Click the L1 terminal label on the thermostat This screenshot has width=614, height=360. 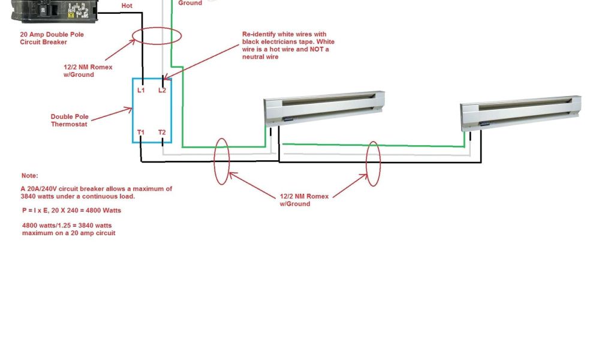(x=142, y=91)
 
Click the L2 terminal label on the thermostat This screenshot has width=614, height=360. (x=162, y=91)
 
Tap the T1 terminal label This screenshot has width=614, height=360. (x=141, y=132)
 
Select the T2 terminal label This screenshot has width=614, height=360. (x=162, y=132)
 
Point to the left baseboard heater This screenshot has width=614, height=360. (x=324, y=107)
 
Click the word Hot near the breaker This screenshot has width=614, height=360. (x=127, y=5)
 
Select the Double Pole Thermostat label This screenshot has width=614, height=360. (x=69, y=121)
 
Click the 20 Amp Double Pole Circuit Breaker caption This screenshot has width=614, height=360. (x=52, y=38)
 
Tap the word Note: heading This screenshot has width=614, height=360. (x=29, y=176)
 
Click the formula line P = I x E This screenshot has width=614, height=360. (x=72, y=211)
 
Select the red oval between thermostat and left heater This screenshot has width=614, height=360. (x=221, y=161)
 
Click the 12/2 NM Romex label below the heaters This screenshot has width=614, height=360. (x=304, y=200)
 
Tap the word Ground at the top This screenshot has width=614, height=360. (x=190, y=3)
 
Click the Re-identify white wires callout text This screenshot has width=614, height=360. (x=288, y=46)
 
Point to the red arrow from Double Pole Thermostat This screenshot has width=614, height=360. (x=111, y=113)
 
